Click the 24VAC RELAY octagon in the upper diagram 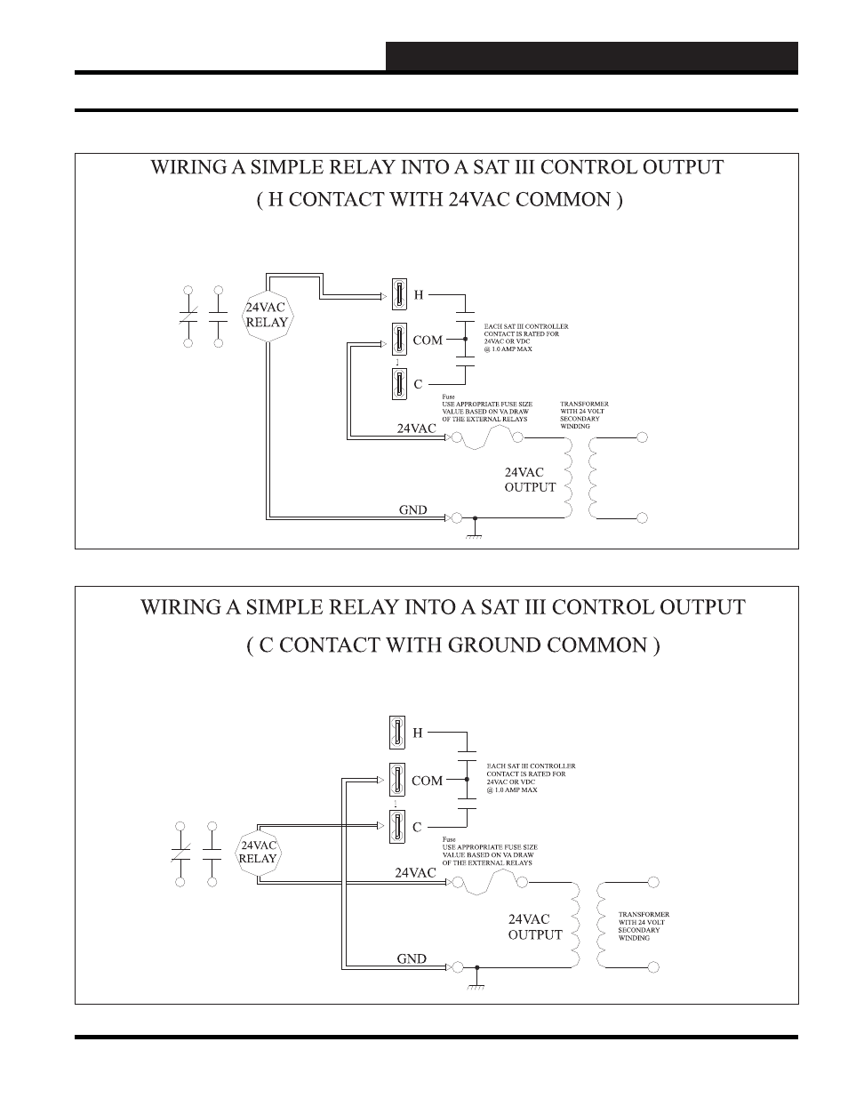[267, 316]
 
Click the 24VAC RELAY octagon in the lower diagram [259, 852]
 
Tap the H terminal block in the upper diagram [398, 293]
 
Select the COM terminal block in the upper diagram [398, 339]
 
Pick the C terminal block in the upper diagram [398, 384]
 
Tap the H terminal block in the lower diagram [396, 733]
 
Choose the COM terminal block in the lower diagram [396, 780]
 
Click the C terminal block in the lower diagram [396, 827]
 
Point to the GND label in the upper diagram [412, 510]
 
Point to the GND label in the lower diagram [412, 959]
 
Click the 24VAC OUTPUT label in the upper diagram [530, 480]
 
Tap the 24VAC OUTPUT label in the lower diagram [535, 926]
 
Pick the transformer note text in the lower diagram [644, 926]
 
